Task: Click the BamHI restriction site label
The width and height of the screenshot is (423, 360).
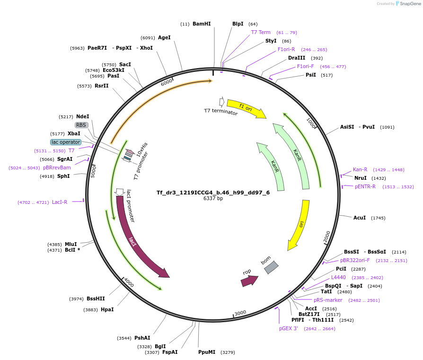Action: [x=202, y=24]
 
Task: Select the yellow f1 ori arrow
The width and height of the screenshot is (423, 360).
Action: [x=246, y=108]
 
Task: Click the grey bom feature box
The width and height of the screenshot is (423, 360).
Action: [x=271, y=267]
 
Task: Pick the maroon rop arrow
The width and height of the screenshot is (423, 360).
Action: [x=249, y=281]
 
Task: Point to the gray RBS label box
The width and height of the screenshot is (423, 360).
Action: [x=81, y=125]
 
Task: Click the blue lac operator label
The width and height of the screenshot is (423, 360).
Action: [x=66, y=142]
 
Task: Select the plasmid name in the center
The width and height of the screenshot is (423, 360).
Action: [x=213, y=193]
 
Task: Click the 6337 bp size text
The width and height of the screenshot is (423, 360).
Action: [x=213, y=199]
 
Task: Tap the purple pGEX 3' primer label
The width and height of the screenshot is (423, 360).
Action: [x=288, y=328]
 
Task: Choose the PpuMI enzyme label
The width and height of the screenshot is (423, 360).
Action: [x=207, y=352]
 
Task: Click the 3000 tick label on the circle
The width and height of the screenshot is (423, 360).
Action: [x=240, y=313]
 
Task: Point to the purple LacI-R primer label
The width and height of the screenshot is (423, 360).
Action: [x=60, y=202]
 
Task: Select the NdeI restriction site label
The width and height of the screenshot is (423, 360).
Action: [x=82, y=116]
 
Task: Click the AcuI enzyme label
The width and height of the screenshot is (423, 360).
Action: [x=360, y=218]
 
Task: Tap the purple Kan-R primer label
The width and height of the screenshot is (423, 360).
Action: [x=360, y=169]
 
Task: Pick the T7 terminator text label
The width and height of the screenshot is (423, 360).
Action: [x=221, y=111]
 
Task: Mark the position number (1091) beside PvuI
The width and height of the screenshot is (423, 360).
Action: [x=387, y=127]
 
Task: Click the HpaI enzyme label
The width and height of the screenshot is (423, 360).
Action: [x=107, y=309]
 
